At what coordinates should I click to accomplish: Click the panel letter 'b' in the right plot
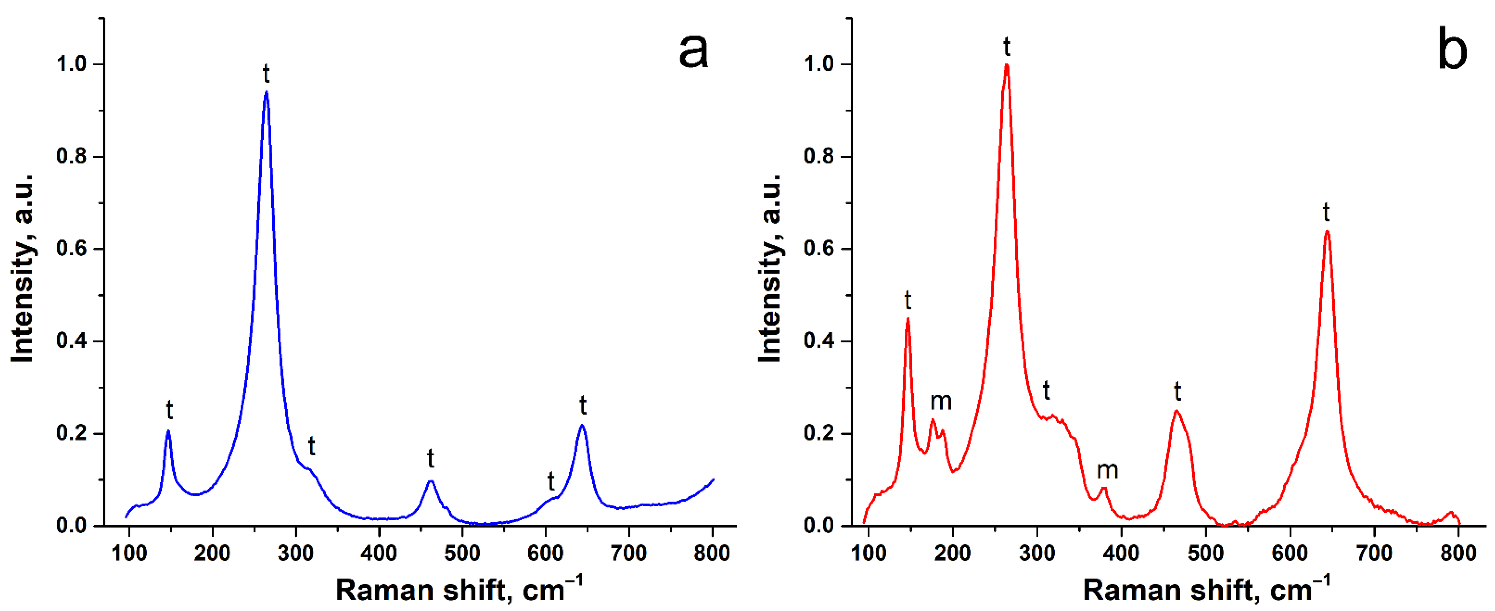point(1452,51)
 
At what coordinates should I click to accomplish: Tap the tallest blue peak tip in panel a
point(266,92)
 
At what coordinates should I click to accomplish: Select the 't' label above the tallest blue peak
point(266,74)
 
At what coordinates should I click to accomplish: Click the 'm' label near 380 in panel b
point(1107,470)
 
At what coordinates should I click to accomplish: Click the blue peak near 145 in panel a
point(168,431)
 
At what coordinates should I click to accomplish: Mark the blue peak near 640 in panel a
point(582,426)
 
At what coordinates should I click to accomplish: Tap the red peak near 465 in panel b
point(1176,412)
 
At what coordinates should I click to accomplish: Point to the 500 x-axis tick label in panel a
point(462,553)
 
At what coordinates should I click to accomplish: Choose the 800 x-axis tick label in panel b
point(1458,553)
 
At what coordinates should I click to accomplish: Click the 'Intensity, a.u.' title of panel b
point(771,268)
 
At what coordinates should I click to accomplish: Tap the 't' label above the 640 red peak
point(1326,212)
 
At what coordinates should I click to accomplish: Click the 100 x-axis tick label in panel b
point(868,553)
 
